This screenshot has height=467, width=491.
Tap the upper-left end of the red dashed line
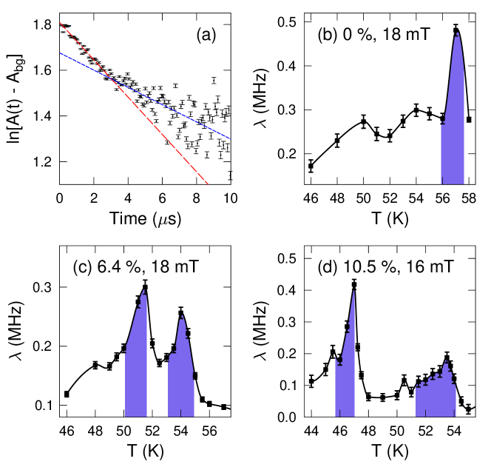(x=60, y=23)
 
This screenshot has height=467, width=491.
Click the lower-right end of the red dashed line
(x=208, y=184)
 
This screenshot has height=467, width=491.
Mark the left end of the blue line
(x=61, y=53)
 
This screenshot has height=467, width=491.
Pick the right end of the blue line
(x=230, y=138)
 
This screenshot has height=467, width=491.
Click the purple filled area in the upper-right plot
(x=453, y=133)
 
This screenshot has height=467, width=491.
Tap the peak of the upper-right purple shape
(x=457, y=33)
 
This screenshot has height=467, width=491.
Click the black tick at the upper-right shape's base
(x=441, y=180)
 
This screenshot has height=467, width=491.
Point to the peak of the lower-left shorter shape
(x=181, y=315)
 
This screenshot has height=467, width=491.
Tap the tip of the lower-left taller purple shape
(x=143, y=289)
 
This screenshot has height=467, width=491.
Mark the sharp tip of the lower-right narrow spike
(x=353, y=290)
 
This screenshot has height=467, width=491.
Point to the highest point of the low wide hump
(x=447, y=361)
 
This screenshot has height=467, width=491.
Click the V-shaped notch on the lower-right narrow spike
(x=339, y=363)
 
